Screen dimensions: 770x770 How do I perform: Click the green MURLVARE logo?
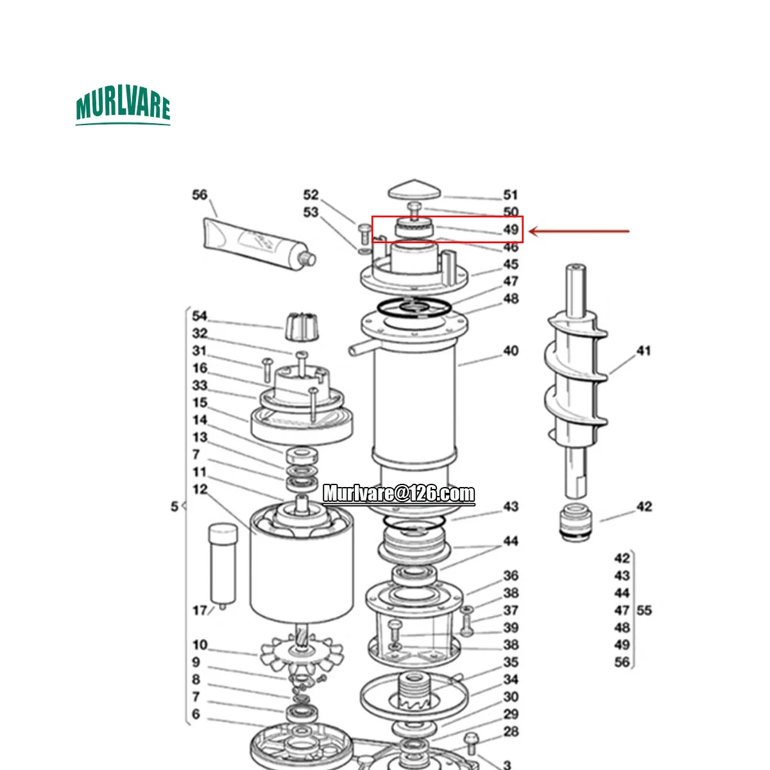123,105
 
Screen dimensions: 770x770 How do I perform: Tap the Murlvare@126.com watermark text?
398,494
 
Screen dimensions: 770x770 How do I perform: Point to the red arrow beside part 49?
579,231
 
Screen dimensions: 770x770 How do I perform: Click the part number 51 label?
510,195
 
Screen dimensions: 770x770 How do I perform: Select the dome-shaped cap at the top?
415,189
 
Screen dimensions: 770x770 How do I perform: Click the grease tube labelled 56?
259,244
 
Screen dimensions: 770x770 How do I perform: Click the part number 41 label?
644,351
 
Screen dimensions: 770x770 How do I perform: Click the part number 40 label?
510,351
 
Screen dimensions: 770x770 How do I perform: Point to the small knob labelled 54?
302,327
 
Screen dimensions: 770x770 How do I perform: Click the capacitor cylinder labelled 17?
223,565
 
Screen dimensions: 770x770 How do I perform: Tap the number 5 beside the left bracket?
175,507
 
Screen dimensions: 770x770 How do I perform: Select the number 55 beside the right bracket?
644,610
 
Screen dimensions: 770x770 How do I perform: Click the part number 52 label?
311,195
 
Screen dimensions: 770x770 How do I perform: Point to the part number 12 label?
200,489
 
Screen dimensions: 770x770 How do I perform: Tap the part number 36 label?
510,576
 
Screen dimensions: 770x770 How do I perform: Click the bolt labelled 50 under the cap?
415,210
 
